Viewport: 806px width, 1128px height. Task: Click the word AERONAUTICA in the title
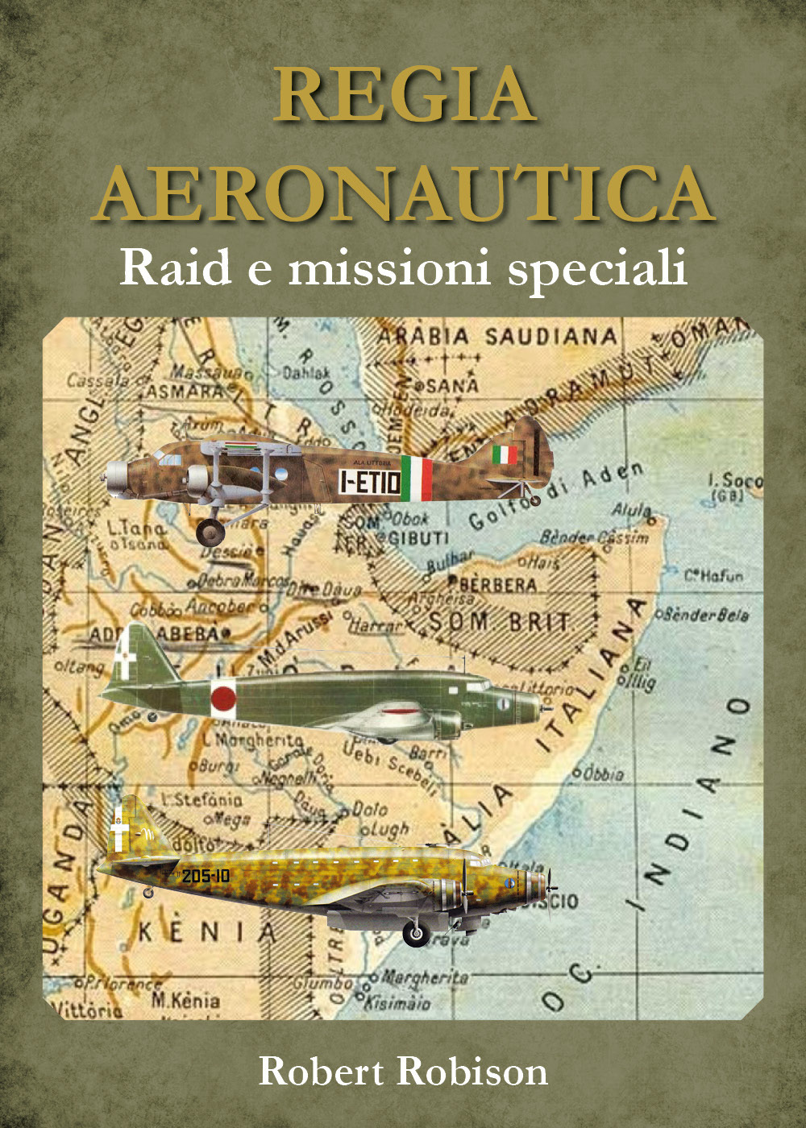click(x=404, y=193)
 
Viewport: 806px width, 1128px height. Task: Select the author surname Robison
click(x=472, y=1072)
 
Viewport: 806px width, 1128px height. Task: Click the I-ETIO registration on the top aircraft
click(x=370, y=482)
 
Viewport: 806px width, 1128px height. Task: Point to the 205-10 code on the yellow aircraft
click(x=206, y=876)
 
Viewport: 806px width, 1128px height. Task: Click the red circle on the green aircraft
click(x=223, y=694)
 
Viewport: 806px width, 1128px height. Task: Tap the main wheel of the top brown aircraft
click(x=210, y=531)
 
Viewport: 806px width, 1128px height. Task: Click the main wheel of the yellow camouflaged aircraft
click(x=416, y=933)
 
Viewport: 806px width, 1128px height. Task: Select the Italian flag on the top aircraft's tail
click(x=505, y=454)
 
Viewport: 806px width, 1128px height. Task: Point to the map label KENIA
click(x=207, y=933)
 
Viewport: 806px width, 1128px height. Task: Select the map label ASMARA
click(x=186, y=391)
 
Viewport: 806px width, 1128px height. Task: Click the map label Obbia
click(x=598, y=773)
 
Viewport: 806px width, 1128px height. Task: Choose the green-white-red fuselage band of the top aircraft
click(x=417, y=478)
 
